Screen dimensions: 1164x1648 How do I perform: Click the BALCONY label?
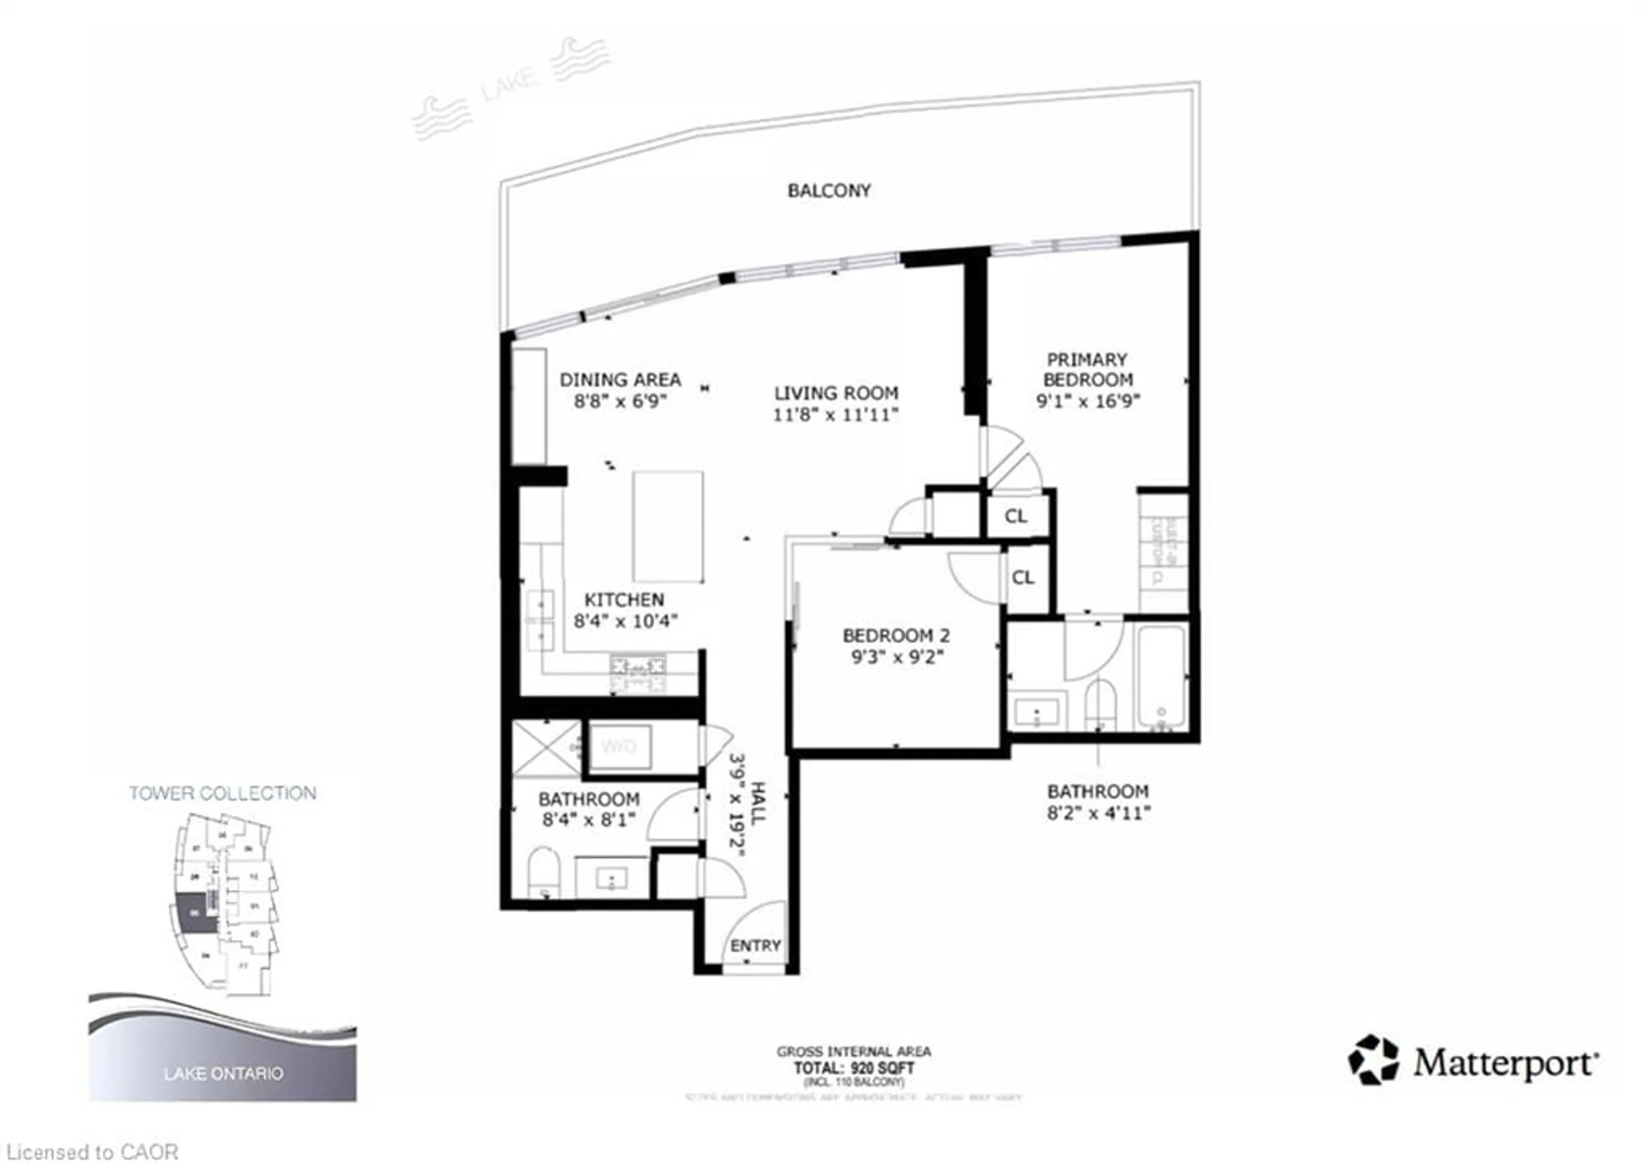click(829, 190)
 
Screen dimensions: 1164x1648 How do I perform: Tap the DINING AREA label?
click(620, 379)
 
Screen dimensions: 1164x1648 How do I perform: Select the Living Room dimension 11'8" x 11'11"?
click(836, 414)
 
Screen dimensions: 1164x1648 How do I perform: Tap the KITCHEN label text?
click(624, 599)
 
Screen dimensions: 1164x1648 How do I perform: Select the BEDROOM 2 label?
click(896, 635)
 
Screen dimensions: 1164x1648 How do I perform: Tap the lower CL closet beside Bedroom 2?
click(1023, 577)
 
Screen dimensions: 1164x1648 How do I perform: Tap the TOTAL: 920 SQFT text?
click(854, 1068)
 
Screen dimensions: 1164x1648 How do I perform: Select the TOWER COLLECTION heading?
click(222, 793)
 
